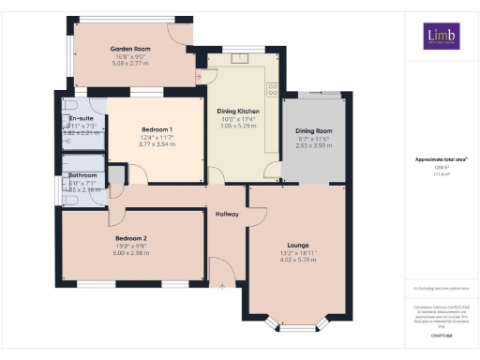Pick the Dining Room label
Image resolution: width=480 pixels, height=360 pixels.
coord(314,130)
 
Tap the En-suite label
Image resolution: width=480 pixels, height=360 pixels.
coord(80,119)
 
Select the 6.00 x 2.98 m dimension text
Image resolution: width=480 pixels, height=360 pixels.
coord(121,253)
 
